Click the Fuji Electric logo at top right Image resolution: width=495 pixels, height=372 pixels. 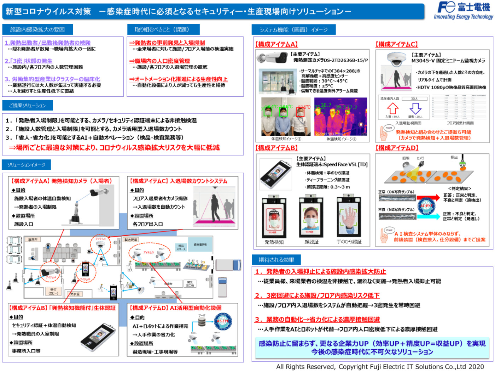(x=463, y=11)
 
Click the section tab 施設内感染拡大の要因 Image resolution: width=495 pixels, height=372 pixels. (x=37, y=29)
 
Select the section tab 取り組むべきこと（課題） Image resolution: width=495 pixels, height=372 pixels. (x=163, y=29)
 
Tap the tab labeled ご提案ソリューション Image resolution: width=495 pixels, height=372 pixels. (x=28, y=106)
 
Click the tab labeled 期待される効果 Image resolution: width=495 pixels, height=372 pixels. (x=276, y=260)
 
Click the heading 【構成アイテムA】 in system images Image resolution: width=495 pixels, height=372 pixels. (x=276, y=44)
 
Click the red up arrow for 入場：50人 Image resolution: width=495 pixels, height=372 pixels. (x=392, y=108)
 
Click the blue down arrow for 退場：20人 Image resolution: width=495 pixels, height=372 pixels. (x=415, y=108)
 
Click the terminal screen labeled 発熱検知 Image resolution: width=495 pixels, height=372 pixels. (x=274, y=217)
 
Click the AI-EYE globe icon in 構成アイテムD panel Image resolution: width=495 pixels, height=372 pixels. (x=426, y=205)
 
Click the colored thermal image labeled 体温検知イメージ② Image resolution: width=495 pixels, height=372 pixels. (x=341, y=117)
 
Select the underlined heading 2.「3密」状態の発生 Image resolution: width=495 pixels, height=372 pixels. (x=29, y=61)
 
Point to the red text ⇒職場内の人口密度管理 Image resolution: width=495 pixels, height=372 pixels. (x=159, y=61)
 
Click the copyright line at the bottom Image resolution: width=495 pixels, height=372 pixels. (x=380, y=367)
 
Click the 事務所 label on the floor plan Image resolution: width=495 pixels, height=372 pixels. (x=33, y=240)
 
